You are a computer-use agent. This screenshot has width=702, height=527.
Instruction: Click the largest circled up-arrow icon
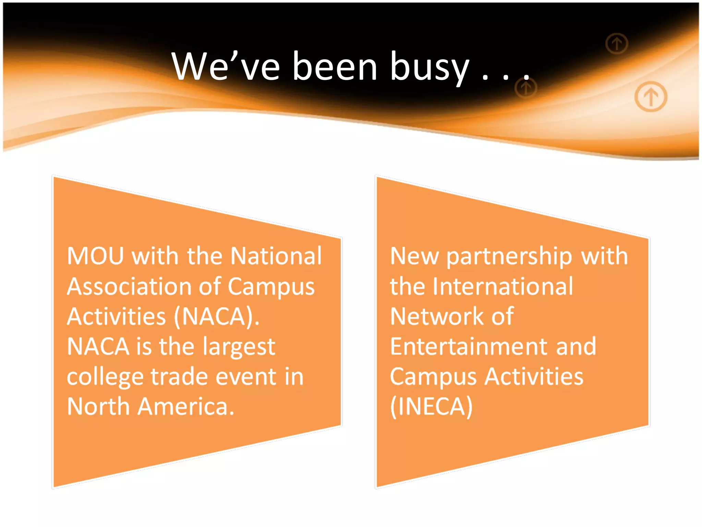pyautogui.click(x=651, y=97)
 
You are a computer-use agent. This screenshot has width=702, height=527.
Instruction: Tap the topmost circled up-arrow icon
pyautogui.click(x=617, y=44)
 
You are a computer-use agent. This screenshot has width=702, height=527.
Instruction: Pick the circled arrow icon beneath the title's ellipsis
pyautogui.click(x=526, y=89)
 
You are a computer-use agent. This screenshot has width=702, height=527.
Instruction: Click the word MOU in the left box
pyautogui.click(x=95, y=256)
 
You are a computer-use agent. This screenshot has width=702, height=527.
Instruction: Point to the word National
pyautogui.click(x=276, y=256)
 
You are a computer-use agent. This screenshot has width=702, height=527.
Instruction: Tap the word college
pyautogui.click(x=105, y=377)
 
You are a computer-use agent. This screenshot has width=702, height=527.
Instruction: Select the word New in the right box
pyautogui.click(x=414, y=256)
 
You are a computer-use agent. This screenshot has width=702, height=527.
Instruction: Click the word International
pyautogui.click(x=503, y=286)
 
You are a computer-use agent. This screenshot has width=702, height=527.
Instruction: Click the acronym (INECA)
pyautogui.click(x=431, y=407)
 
